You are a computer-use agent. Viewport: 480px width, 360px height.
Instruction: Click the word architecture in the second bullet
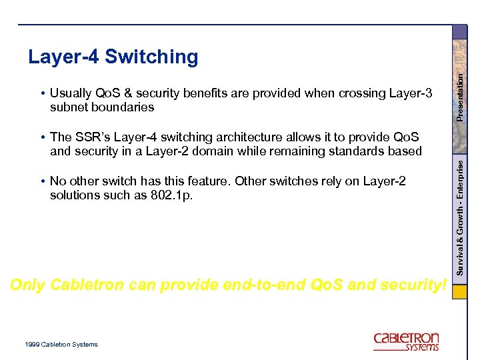point(237,137)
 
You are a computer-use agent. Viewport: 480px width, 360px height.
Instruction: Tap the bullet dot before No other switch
point(42,181)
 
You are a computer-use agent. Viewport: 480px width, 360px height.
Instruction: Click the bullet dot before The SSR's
point(42,137)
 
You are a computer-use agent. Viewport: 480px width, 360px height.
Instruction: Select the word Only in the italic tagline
point(27,285)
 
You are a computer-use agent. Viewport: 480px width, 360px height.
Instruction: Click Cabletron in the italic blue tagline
point(87,285)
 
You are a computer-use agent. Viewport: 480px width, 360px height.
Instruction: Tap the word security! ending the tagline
point(413,285)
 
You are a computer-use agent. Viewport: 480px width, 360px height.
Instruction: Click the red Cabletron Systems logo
point(406,341)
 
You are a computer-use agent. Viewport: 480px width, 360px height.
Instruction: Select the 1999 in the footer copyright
point(31,345)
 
